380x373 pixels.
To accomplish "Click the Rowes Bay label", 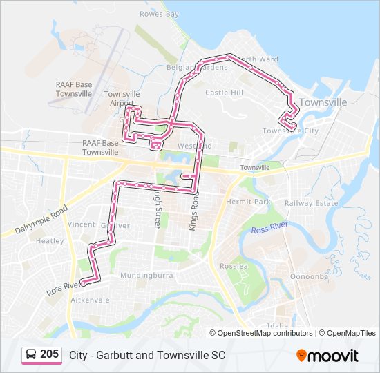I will [x=159, y=14].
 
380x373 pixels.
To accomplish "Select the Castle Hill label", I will [x=225, y=92].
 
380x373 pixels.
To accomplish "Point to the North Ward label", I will [x=258, y=59].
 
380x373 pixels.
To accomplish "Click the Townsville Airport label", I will [x=122, y=98].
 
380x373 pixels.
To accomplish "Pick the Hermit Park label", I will [x=248, y=202].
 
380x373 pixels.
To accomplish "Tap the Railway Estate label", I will [x=311, y=203].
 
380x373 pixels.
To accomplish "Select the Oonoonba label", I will [x=309, y=276].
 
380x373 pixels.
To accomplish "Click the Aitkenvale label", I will [x=86, y=300].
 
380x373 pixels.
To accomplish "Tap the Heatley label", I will [x=49, y=241].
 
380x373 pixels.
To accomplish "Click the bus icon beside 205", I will [x=31, y=354].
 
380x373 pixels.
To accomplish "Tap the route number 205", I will [x=49, y=354].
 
